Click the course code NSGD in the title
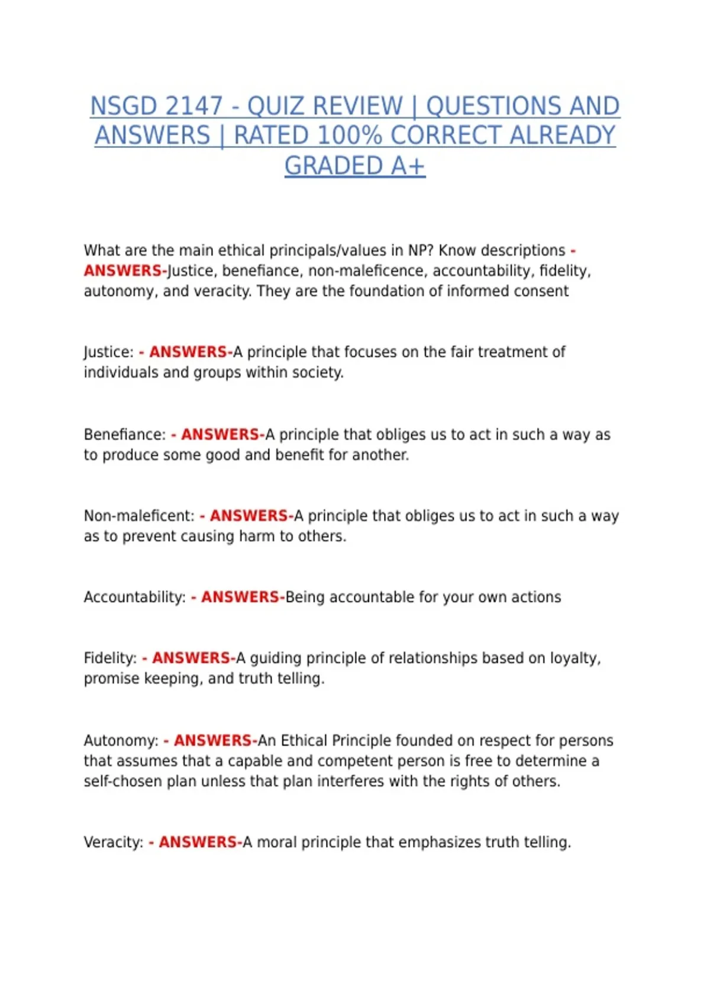tap(123, 107)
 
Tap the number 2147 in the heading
tap(193, 107)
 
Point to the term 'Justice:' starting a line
tap(108, 352)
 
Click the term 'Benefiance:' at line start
tap(124, 434)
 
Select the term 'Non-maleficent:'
tap(138, 516)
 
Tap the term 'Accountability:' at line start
tap(134, 597)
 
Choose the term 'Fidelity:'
tap(110, 658)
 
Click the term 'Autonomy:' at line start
tap(121, 740)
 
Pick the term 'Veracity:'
tap(113, 842)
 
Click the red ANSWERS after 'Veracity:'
tap(198, 842)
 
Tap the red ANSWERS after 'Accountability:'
tap(240, 597)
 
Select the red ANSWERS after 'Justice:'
tap(188, 352)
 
